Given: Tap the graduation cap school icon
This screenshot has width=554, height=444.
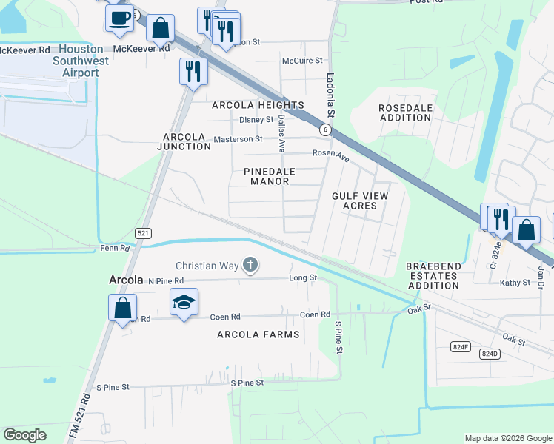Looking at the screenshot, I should (184, 302).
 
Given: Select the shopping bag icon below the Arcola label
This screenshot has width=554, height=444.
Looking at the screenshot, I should (122, 307).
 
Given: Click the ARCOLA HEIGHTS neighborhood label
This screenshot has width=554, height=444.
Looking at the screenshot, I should (257, 106).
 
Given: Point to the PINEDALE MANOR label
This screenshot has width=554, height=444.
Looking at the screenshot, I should (270, 176).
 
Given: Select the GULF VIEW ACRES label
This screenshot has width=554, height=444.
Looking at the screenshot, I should (359, 200).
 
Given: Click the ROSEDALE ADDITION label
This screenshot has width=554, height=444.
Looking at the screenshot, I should (405, 112).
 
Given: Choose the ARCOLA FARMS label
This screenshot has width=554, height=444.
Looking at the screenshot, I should (258, 334).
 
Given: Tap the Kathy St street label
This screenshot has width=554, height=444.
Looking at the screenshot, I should (515, 283).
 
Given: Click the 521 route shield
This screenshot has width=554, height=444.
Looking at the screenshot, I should (143, 233).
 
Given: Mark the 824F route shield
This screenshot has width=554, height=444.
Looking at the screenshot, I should (460, 346).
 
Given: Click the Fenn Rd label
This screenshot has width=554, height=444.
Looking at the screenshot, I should (115, 249).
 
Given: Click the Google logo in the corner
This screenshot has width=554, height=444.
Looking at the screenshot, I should (25, 435).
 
